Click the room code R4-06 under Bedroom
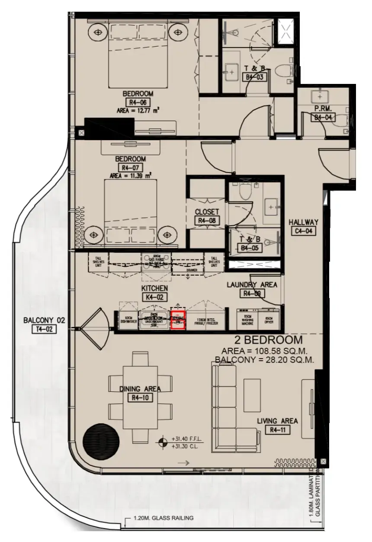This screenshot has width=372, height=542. (x=138, y=103)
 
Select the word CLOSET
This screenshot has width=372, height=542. (x=207, y=212)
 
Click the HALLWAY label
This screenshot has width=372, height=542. (x=303, y=222)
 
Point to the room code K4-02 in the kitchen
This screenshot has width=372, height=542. (x=154, y=297)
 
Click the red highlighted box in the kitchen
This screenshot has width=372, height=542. (x=178, y=321)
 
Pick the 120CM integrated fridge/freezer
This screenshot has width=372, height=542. (x=205, y=321)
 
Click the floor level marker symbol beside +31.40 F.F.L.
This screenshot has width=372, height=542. (x=163, y=442)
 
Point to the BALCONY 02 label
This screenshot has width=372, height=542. (x=44, y=321)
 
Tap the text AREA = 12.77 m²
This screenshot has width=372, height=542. (x=138, y=111)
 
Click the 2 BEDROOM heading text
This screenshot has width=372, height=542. (x=268, y=340)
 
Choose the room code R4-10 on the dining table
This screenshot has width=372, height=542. (x=140, y=398)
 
